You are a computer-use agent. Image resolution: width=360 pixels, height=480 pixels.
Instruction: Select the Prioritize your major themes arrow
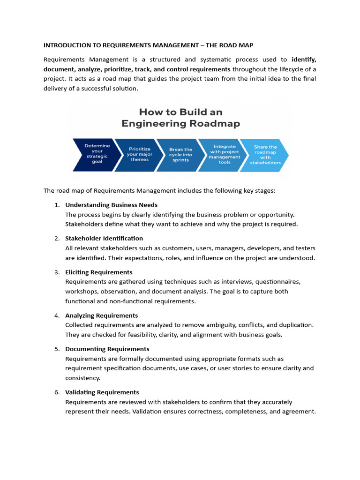[139, 155]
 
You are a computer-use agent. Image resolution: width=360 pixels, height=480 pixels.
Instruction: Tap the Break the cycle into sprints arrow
[180, 155]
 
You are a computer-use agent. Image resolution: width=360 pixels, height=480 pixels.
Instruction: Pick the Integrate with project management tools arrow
[225, 155]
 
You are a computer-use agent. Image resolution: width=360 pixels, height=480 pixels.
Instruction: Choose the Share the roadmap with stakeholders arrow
[266, 155]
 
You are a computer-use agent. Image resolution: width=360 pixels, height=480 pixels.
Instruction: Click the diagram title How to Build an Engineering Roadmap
[180, 118]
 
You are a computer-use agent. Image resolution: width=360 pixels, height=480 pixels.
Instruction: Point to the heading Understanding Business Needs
[111, 205]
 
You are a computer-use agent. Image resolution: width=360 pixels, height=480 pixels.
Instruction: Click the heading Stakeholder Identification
[104, 238]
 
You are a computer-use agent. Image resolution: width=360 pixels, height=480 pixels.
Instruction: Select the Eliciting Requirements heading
[98, 272]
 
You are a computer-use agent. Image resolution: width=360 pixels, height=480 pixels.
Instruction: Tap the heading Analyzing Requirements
[101, 315]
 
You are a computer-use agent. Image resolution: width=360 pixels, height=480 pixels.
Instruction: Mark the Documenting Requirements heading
[107, 349]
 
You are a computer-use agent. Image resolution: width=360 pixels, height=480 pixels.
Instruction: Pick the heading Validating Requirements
[102, 392]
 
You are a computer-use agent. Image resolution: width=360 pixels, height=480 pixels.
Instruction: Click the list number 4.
[57, 315]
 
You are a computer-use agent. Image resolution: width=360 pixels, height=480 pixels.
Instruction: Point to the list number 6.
[57, 392]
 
